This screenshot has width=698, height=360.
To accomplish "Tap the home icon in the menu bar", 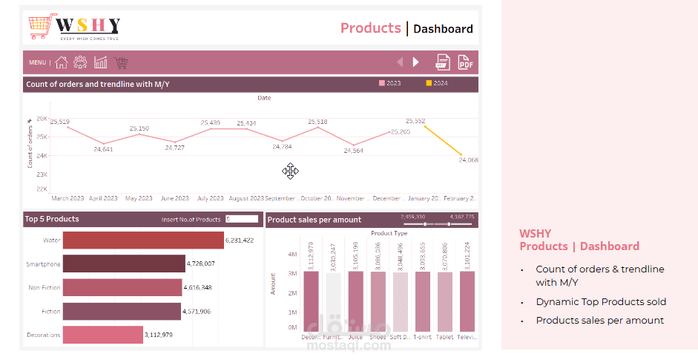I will click(x=62, y=62).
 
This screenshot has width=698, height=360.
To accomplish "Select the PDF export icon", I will click(x=466, y=62).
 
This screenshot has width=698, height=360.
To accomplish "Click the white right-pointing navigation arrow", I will click(x=416, y=62).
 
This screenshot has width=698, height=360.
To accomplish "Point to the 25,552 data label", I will click(x=415, y=121).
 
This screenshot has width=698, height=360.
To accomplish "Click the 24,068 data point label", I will click(x=468, y=160).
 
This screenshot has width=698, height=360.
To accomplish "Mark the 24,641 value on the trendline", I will click(x=103, y=149).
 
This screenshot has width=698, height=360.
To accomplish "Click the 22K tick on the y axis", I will click(x=42, y=189).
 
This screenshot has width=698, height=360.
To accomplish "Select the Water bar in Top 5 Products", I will click(x=143, y=240).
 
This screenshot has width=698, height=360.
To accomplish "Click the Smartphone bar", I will click(x=124, y=264).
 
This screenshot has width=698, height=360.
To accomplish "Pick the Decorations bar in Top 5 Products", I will click(x=102, y=335).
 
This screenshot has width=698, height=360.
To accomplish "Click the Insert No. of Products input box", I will click(x=242, y=219).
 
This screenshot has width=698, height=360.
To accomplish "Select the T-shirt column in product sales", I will click(x=422, y=301).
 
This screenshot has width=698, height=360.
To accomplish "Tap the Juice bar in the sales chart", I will click(x=356, y=301).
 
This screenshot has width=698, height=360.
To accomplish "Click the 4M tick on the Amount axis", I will click(x=292, y=254).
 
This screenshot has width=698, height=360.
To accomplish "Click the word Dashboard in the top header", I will click(x=443, y=29).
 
